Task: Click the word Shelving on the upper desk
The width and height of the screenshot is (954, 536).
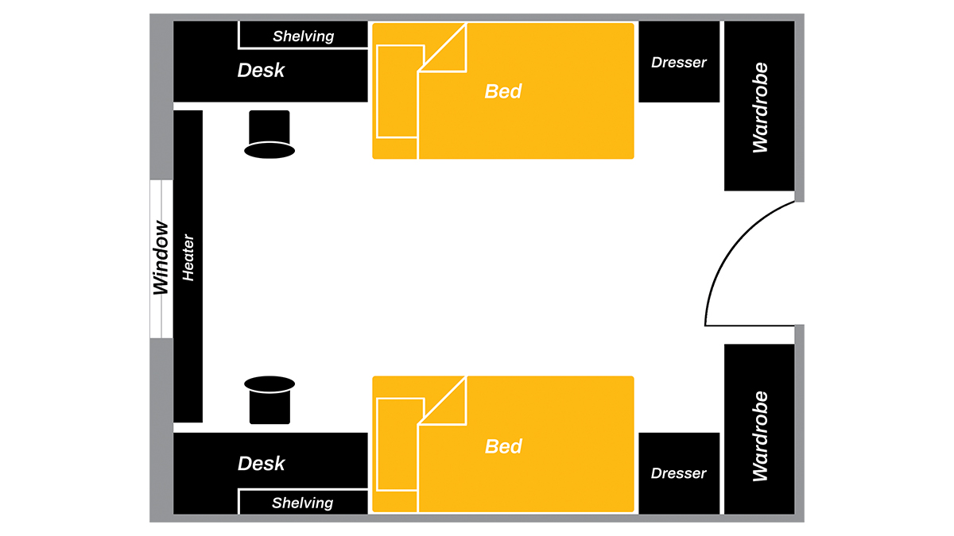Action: [x=303, y=37]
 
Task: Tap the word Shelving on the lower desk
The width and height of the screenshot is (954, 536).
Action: [x=303, y=503]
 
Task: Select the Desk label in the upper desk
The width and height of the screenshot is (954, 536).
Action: [x=261, y=70]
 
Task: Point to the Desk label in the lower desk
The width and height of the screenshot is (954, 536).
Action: [x=261, y=463]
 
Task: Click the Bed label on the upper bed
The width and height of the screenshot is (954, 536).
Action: [x=503, y=91]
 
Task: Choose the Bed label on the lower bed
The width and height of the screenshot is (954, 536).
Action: [x=503, y=446]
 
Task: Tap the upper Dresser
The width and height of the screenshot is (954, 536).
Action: [x=679, y=62]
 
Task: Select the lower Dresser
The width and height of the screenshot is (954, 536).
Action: [x=679, y=473]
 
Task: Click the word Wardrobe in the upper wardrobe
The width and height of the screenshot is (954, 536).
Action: [x=760, y=108]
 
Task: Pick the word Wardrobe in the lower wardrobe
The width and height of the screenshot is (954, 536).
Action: [x=760, y=437]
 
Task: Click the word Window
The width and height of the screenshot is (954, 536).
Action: [x=161, y=258]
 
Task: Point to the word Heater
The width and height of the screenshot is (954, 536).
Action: [x=188, y=258]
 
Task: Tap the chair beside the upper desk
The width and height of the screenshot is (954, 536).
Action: [x=270, y=134]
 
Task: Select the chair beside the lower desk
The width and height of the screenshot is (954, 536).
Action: [x=270, y=400]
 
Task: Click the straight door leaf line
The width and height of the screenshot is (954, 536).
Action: [x=750, y=326]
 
